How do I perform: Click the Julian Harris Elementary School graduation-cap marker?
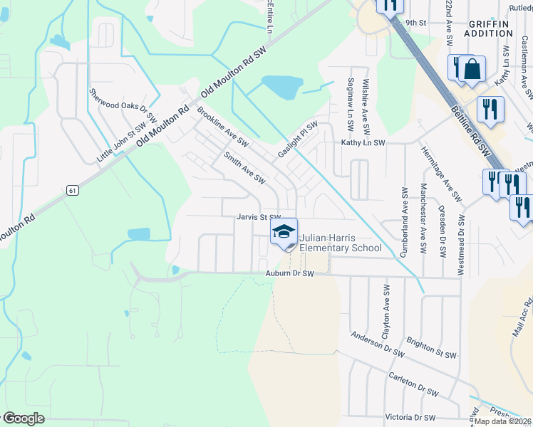click(x=284, y=232)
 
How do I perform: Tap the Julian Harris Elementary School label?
click(x=340, y=243)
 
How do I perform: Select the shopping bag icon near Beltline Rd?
click(x=472, y=69)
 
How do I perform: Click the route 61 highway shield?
click(x=72, y=190)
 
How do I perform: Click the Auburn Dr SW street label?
click(x=289, y=273)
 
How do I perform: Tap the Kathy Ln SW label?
click(x=363, y=142)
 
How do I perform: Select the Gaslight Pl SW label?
click(x=298, y=138)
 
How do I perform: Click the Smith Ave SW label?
click(x=244, y=167)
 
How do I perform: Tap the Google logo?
click(x=23, y=418)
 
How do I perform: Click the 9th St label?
click(x=415, y=22)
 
